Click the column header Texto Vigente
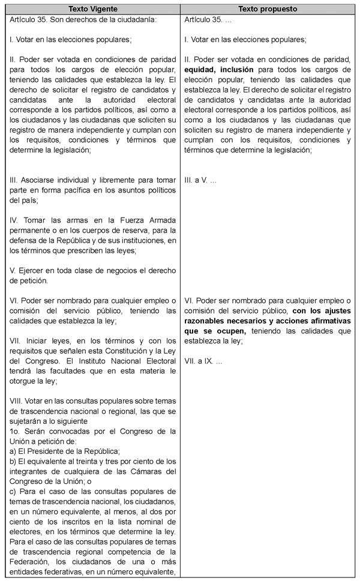93,10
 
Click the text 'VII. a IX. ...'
204,362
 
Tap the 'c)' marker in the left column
14,491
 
